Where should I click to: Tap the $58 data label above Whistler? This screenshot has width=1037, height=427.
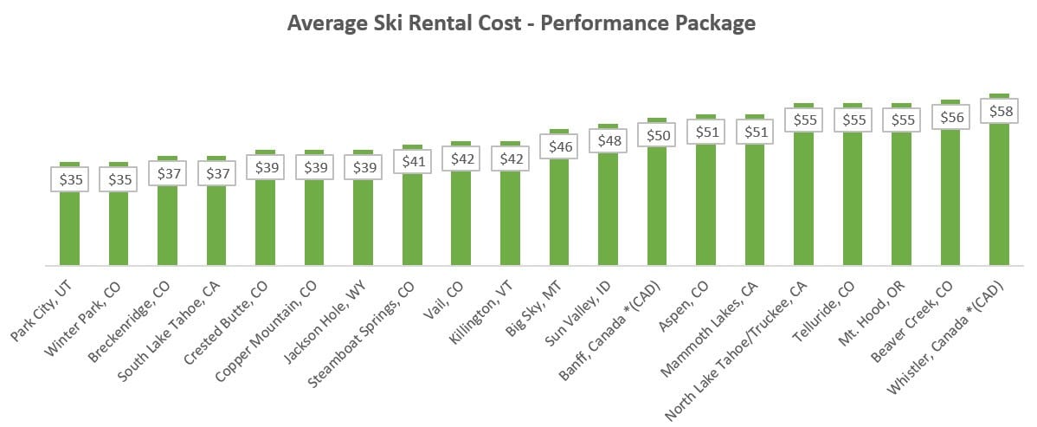[999, 111]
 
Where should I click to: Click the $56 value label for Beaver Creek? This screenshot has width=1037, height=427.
[950, 117]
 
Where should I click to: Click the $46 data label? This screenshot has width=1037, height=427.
[558, 146]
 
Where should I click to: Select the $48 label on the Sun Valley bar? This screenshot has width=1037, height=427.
[608, 140]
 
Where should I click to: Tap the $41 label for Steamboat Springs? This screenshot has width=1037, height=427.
[412, 161]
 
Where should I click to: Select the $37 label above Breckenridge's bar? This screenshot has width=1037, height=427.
[167, 172]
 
